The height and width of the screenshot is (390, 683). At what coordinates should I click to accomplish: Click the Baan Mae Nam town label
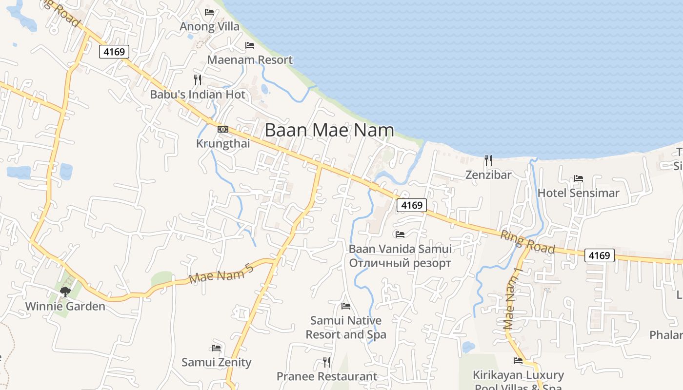pyautogui.click(x=329, y=130)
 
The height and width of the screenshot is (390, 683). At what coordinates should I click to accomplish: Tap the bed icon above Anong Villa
pyautogui.click(x=209, y=12)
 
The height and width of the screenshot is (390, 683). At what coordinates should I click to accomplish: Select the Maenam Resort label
pyautogui.click(x=250, y=60)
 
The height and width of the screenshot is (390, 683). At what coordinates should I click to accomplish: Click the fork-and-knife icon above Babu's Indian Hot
pyautogui.click(x=198, y=79)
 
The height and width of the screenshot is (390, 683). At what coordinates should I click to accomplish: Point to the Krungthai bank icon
pyautogui.click(x=223, y=129)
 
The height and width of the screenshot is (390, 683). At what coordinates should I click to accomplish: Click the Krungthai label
pyautogui.click(x=223, y=143)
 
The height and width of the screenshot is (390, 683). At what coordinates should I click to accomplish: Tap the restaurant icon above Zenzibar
pyautogui.click(x=488, y=159)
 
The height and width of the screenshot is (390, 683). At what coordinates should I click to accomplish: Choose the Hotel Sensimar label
pyautogui.click(x=578, y=193)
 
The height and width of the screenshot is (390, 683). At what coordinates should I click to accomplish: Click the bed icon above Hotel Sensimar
pyautogui.click(x=579, y=178)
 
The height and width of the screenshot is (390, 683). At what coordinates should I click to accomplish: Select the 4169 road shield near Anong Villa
pyautogui.click(x=114, y=51)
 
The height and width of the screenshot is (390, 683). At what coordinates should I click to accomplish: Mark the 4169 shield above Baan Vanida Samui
pyautogui.click(x=411, y=205)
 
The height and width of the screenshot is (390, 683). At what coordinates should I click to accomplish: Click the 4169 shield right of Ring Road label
pyautogui.click(x=599, y=255)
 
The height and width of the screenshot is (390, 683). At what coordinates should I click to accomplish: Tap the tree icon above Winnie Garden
pyautogui.click(x=65, y=292)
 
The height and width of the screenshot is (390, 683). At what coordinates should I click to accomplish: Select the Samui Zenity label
pyautogui.click(x=216, y=362)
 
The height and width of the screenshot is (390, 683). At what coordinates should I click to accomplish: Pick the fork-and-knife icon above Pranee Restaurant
pyautogui.click(x=327, y=362)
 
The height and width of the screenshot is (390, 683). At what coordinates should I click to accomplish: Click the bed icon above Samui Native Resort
pyautogui.click(x=346, y=306)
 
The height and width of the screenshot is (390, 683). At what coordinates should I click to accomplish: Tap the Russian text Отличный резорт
pyautogui.click(x=400, y=263)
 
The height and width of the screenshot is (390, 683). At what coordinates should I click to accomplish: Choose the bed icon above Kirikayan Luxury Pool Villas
pyautogui.click(x=518, y=361)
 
